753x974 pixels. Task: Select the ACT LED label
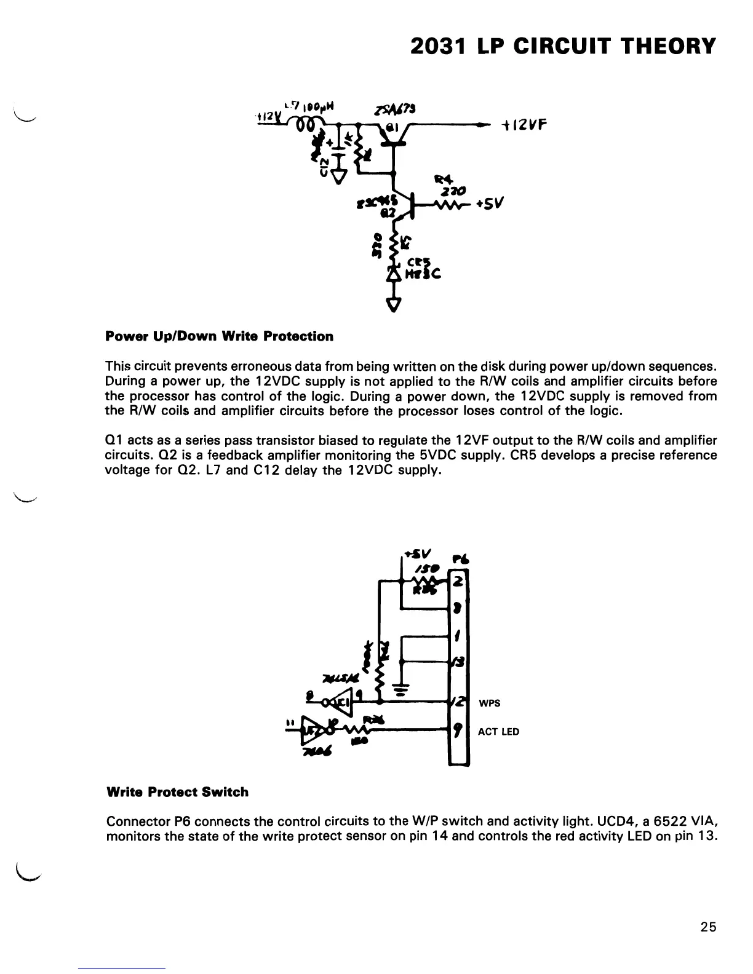coord(498,732)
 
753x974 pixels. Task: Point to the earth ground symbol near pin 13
coord(401,690)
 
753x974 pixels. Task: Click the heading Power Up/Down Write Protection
coord(220,336)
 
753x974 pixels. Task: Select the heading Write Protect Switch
coord(177,792)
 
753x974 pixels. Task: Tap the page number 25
coord(708,927)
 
